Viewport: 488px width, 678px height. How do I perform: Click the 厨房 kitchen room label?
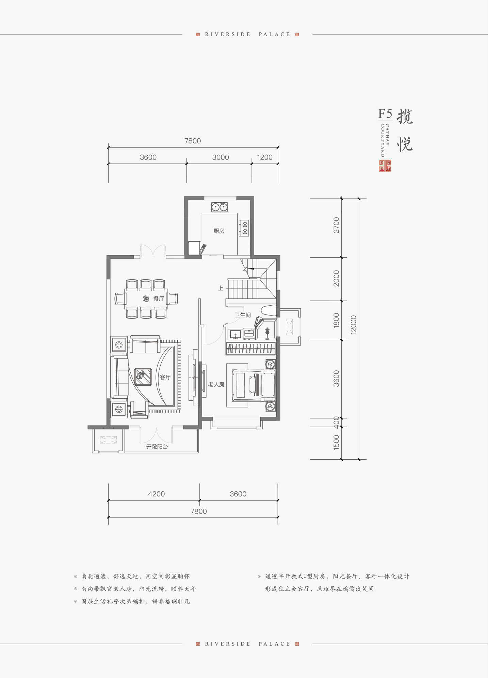(219, 231)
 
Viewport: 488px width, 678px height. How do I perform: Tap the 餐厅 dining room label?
(159, 299)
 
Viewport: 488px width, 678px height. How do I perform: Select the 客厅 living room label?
(165, 377)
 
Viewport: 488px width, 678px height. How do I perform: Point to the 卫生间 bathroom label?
(243, 315)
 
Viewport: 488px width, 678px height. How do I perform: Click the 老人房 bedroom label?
(216, 384)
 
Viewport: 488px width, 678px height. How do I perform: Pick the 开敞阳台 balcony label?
(157, 447)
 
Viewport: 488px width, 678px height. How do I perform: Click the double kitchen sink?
(219, 207)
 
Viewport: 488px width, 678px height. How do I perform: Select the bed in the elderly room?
(254, 385)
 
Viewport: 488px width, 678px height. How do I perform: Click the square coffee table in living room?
(143, 377)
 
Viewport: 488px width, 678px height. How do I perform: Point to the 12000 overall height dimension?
(354, 325)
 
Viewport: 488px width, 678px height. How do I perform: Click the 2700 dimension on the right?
(336, 225)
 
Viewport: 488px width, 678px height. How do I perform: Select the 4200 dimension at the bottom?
(156, 494)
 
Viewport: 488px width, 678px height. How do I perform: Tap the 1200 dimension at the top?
(265, 157)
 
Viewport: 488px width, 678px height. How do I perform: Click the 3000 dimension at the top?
(221, 157)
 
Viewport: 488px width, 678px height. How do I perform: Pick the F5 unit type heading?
(385, 113)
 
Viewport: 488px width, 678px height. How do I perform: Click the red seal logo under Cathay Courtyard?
(385, 166)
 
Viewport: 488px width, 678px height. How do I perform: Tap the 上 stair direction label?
(221, 288)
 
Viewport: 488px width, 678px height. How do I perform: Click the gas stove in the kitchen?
(244, 228)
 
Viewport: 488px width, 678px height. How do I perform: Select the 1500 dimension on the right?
(336, 443)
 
